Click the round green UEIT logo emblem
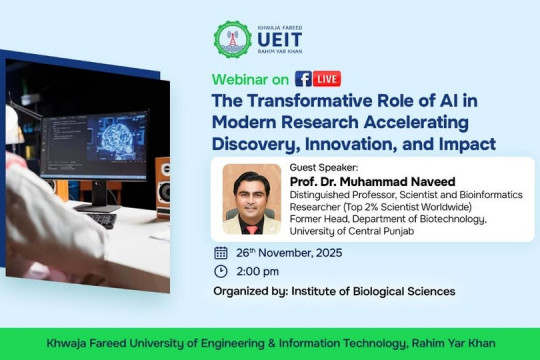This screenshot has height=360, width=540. tap(232, 39)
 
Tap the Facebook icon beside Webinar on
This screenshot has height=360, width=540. tap(303, 78)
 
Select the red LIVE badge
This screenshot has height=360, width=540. tap(327, 78)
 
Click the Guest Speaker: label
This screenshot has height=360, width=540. tap(321, 168)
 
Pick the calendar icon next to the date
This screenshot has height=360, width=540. tap(221, 252)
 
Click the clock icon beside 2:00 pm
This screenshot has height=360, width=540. tap(221, 271)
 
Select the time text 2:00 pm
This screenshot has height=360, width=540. tap(258, 271)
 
